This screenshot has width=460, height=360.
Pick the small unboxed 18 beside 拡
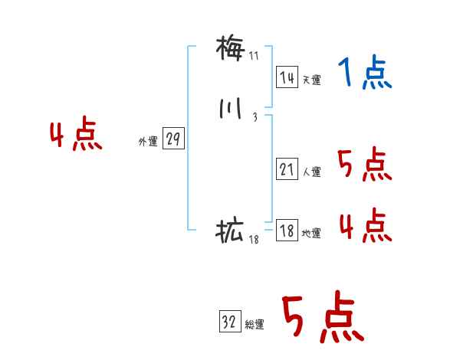[x=255, y=240]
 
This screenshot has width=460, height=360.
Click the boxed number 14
[x=287, y=77]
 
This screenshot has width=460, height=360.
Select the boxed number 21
[x=287, y=170]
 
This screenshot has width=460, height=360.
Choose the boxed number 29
[x=173, y=139]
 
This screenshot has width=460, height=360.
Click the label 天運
[x=312, y=80]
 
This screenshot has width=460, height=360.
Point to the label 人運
[x=312, y=172]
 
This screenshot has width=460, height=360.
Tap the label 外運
[x=148, y=142]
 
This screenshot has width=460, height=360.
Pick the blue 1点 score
[x=365, y=74]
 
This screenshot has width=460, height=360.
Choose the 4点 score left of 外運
[x=76, y=136]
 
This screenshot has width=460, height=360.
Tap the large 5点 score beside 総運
[x=322, y=319]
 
